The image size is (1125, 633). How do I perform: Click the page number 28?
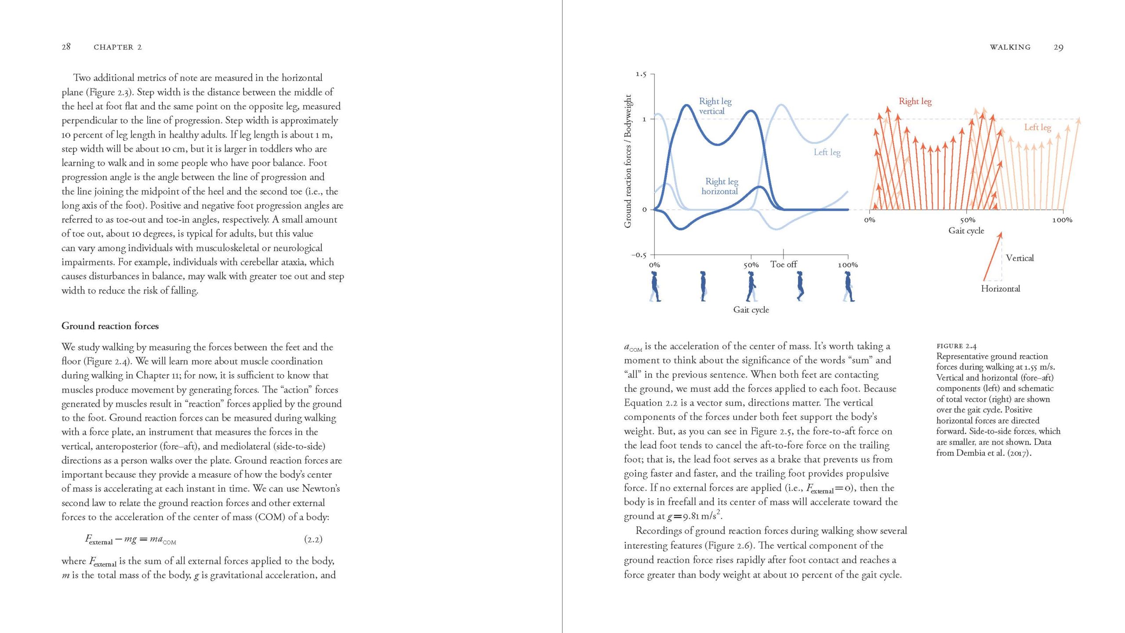point(66,47)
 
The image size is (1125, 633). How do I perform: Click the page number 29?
point(1058,47)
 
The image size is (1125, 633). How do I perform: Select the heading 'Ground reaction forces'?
point(110,326)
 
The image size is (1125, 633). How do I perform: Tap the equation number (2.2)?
point(313,539)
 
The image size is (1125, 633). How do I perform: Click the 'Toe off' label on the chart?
point(784,264)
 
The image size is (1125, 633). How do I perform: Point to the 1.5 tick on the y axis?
point(641,74)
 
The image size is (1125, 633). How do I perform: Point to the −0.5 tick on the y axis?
point(639,255)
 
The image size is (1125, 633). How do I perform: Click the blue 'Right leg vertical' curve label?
point(715,106)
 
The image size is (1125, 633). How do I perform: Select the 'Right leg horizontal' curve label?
point(721,186)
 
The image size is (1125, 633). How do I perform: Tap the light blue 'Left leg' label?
point(827,152)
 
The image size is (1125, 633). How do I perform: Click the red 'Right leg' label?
point(915,101)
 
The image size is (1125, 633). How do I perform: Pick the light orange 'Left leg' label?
point(1038,127)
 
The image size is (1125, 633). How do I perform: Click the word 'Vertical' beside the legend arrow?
point(1020,258)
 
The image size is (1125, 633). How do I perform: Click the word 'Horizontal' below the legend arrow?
point(1000,289)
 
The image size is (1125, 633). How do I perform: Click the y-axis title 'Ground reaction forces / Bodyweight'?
point(628,161)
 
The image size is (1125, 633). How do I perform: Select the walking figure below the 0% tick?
point(655,286)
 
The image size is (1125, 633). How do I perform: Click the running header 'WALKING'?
point(1010,47)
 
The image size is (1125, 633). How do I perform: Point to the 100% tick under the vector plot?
point(1062,220)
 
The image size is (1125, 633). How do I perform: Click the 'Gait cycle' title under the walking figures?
point(751,309)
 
